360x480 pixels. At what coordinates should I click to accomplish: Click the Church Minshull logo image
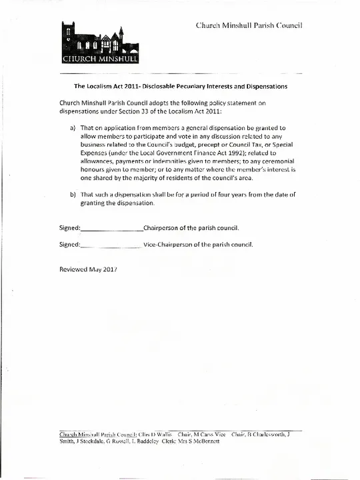pyautogui.click(x=100, y=45)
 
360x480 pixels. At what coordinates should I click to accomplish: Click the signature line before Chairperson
pyautogui.click(x=111, y=229)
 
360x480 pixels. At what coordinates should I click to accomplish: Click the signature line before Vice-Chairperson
pyautogui.click(x=109, y=245)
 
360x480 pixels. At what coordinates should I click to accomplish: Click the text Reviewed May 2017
pyautogui.click(x=89, y=269)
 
